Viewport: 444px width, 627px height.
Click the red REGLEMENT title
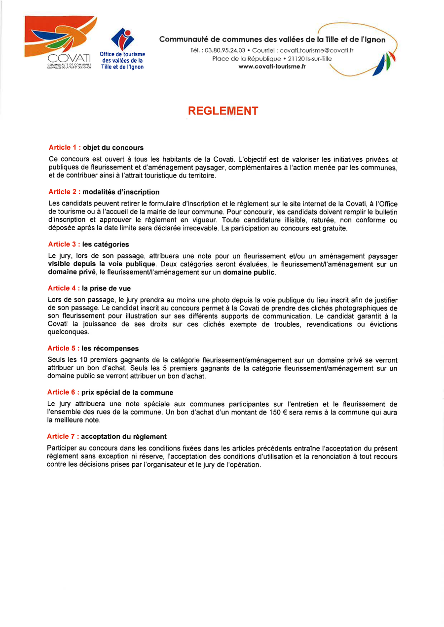[223, 111]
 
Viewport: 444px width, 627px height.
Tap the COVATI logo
[60, 43]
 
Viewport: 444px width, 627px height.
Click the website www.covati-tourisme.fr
[272, 67]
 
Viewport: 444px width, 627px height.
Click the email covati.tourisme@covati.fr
[316, 50]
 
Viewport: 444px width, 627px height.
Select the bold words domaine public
[249, 272]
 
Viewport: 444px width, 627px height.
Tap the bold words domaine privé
[72, 272]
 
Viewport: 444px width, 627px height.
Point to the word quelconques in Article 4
[68, 332]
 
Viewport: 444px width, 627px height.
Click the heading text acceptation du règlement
[124, 436]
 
